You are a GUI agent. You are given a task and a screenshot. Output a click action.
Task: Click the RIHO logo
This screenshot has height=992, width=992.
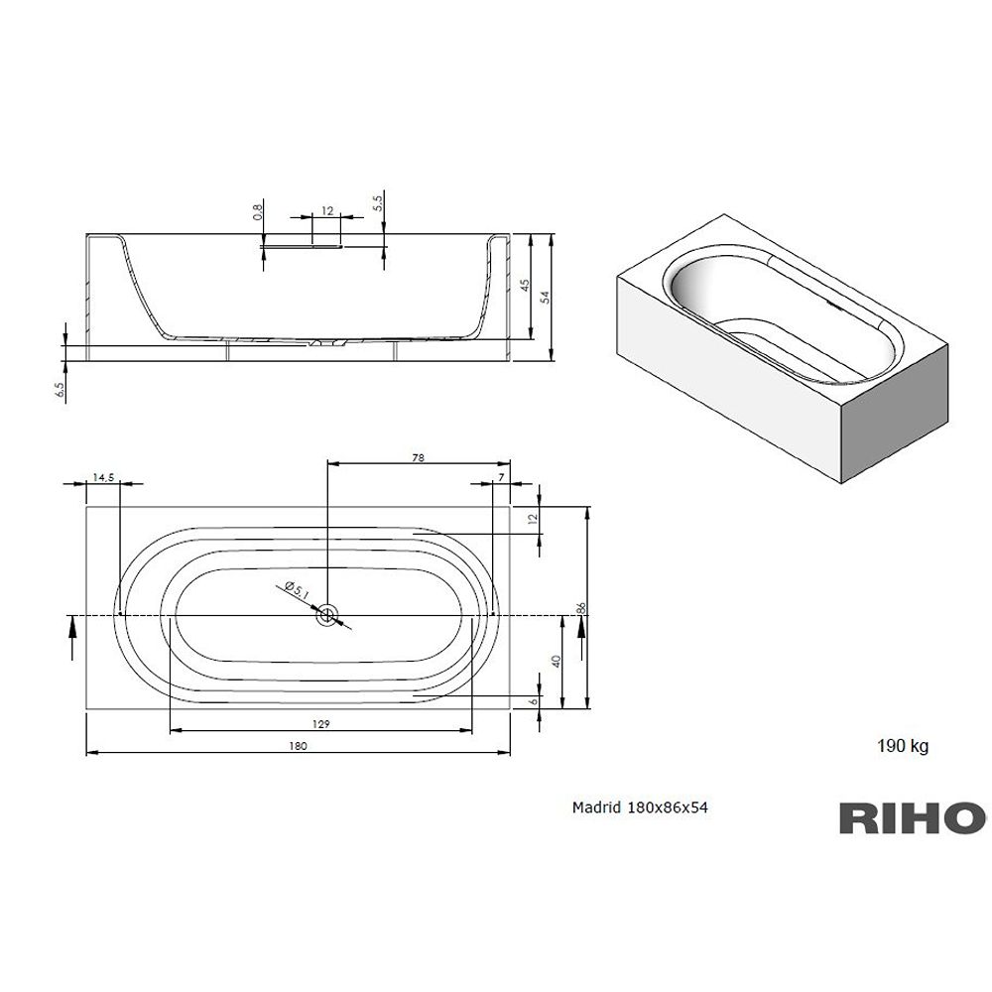pos(913,818)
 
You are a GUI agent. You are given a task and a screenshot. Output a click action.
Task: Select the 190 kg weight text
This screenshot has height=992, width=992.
pos(903,747)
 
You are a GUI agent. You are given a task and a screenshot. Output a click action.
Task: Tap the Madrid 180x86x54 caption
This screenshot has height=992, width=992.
pos(640,807)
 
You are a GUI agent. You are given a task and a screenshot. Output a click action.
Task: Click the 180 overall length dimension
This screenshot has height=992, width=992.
pos(298,746)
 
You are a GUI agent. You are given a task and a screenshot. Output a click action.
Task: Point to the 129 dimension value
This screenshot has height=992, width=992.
pos(320,724)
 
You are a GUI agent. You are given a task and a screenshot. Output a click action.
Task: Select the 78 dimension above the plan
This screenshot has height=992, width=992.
pos(419,458)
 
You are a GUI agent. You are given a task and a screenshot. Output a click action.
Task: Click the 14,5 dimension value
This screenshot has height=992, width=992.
pos(103,478)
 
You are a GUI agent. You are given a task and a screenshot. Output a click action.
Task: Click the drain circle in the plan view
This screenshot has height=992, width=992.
pos(327,614)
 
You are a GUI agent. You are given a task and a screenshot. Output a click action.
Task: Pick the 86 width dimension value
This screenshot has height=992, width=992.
pos(581,608)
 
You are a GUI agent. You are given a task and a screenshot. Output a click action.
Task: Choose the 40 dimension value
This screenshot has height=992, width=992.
pos(557,662)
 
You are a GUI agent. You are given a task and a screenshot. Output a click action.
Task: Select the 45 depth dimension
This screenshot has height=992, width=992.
pos(525,286)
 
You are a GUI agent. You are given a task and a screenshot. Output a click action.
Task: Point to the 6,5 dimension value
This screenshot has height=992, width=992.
pos(61,390)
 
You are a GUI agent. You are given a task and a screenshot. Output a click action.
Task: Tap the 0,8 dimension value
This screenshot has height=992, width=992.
pos(258,212)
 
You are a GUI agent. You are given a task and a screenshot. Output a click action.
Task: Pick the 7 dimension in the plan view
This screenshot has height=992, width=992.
pos(502,478)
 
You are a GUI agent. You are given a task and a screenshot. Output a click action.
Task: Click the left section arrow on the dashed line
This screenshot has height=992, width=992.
pos(72,637)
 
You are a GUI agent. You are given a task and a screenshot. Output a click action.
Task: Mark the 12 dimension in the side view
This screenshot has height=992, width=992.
pos(327,210)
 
